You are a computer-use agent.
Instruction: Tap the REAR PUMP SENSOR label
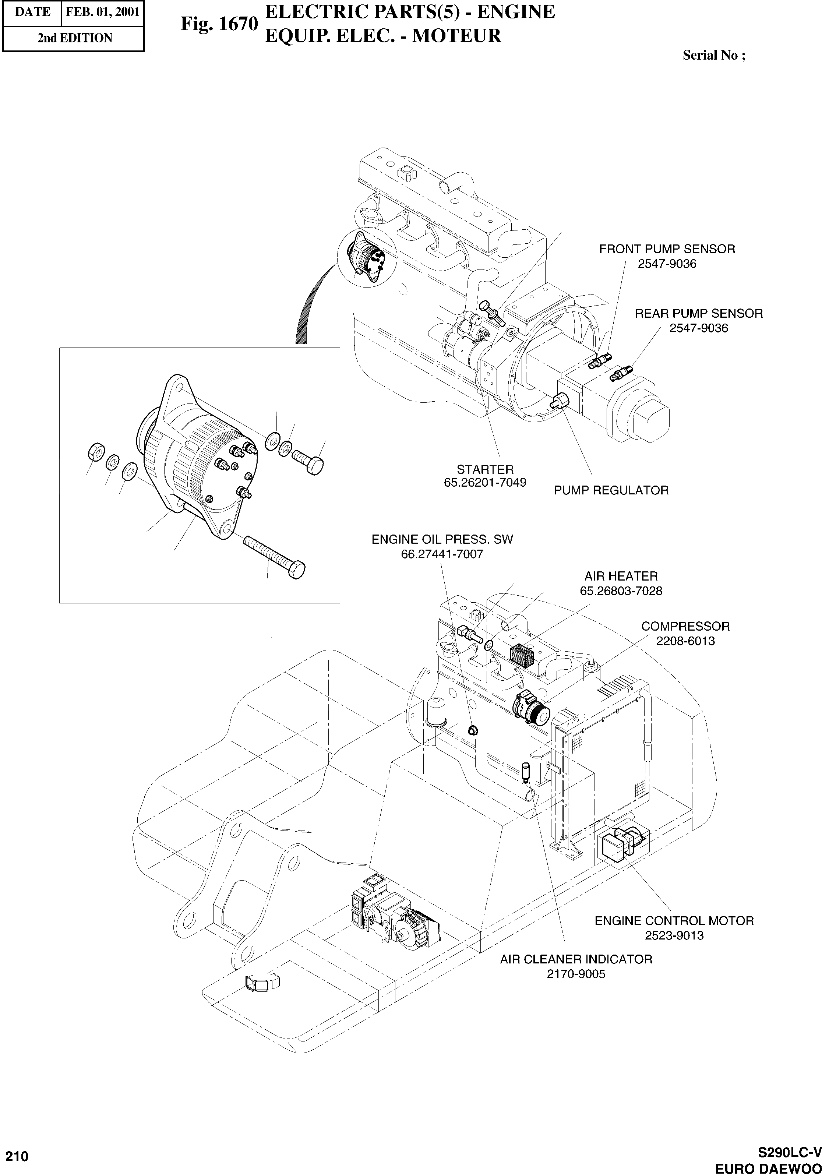[x=698, y=313]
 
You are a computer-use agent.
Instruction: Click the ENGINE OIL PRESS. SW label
[x=442, y=539]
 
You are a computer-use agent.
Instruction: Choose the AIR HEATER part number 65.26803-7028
[x=621, y=591]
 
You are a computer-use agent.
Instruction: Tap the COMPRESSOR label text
[x=685, y=626]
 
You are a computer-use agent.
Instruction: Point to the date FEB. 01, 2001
[x=103, y=12]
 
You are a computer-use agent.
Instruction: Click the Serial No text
[x=714, y=55]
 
